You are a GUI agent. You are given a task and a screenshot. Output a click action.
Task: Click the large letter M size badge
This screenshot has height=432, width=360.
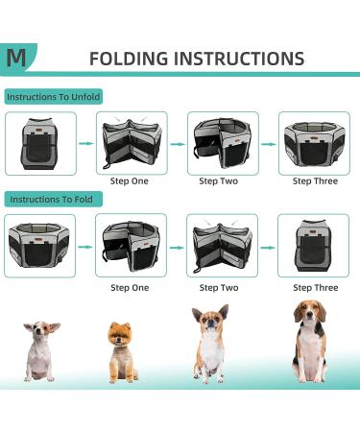click(16, 58)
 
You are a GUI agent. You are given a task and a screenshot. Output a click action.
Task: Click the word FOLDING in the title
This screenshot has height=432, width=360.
click(129, 59)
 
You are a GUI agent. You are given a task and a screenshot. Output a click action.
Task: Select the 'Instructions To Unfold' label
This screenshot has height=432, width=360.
click(54, 97)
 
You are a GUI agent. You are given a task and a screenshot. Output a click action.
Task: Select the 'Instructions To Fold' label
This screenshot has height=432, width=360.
click(51, 200)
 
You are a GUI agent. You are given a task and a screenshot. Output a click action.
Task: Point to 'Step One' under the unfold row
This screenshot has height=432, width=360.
click(130, 181)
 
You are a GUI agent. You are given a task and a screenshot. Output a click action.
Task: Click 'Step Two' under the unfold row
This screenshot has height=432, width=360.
click(219, 181)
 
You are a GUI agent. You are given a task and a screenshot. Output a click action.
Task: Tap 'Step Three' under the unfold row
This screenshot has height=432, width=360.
click(315, 181)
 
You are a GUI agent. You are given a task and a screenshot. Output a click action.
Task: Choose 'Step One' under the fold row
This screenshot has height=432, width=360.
click(130, 288)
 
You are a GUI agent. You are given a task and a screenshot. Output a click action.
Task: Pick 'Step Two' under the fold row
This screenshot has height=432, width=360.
click(219, 288)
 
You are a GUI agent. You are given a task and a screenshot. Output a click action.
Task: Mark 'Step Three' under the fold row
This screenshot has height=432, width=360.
click(316, 288)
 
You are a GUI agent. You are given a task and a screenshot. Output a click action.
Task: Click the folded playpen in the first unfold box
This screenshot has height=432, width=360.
click(39, 144)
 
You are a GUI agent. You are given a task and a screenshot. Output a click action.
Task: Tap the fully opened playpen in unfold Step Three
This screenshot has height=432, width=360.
click(315, 143)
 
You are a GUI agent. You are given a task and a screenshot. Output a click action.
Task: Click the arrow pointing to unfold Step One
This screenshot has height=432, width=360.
click(86, 143)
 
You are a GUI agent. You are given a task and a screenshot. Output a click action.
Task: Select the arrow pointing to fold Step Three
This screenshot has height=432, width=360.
click(268, 248)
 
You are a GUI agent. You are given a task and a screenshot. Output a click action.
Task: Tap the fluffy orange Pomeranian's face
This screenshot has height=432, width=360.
click(119, 335)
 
